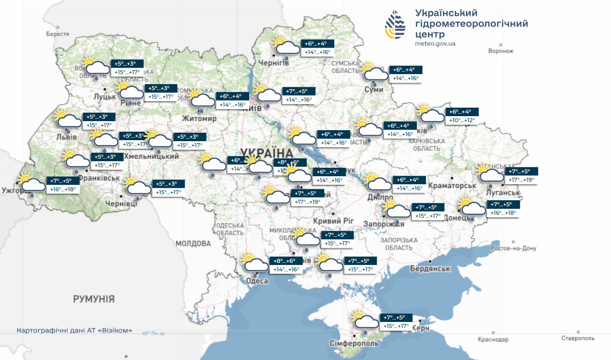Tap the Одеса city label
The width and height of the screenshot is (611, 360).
pyautogui.click(x=257, y=281)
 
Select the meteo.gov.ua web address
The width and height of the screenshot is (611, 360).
pyautogui.click(x=435, y=44)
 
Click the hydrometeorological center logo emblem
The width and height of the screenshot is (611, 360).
pyautogui.click(x=395, y=25)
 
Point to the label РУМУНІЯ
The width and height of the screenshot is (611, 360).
pyautogui.click(x=94, y=299)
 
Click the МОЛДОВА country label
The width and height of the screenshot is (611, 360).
pyautogui.click(x=193, y=243)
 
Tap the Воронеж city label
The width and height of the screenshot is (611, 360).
pyautogui.click(x=501, y=51)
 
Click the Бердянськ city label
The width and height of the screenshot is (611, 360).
pyautogui.click(x=430, y=269)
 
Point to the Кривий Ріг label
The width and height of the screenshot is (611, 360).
pyautogui.click(x=333, y=221)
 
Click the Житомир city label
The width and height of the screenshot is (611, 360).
pyautogui.click(x=199, y=119)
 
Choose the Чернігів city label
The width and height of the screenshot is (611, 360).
pyautogui.click(x=273, y=63)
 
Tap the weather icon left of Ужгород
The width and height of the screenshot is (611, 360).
pyautogui.click(x=31, y=183)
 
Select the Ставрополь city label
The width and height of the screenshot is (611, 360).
pyautogui.click(x=578, y=338)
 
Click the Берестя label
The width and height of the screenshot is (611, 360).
pyautogui.click(x=57, y=34)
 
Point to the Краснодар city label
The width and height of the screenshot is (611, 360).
pyautogui.click(x=493, y=339)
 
